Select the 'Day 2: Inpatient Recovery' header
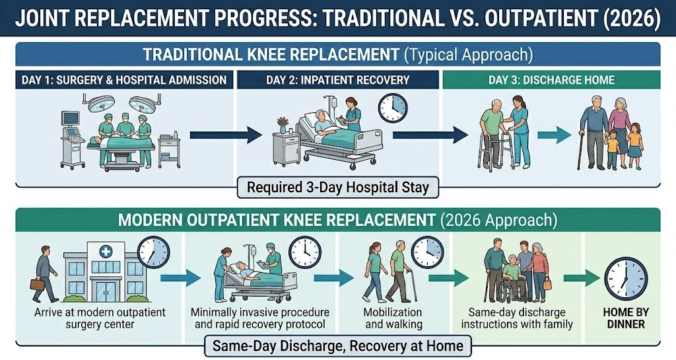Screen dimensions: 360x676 [337, 81]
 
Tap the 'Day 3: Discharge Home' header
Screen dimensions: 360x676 [551, 81]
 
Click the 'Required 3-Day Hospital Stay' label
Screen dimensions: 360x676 [337, 188]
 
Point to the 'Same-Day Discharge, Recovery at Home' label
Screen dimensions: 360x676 [337, 345]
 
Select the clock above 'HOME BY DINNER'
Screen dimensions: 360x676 [625, 278]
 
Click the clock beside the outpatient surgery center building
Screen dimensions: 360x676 [153, 253]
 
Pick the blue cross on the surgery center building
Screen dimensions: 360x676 [106, 252]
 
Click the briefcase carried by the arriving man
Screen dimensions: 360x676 [38, 284]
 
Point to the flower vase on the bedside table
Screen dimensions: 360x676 [283, 124]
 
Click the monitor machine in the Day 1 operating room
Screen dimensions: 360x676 [71, 123]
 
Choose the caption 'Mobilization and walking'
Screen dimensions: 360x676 [393, 318]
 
